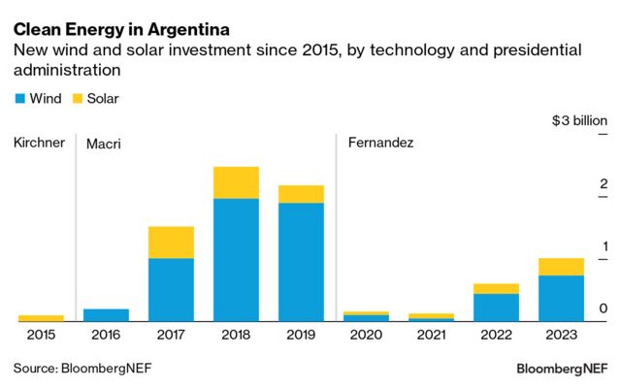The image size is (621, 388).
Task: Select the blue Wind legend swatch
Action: [x=20, y=99]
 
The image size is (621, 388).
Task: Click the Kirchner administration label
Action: [x=39, y=143]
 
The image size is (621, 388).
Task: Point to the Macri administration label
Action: [x=104, y=144]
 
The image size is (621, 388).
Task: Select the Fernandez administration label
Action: [x=380, y=143]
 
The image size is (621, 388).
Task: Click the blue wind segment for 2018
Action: [x=236, y=259]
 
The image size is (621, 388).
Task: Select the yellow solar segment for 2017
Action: [x=171, y=242]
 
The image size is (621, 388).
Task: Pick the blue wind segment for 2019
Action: [x=301, y=261]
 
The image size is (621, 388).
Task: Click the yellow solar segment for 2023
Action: [x=561, y=267]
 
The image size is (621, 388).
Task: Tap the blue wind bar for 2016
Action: [x=106, y=314]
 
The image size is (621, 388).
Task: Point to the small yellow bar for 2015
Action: [x=41, y=317]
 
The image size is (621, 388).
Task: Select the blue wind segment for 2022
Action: [x=496, y=307]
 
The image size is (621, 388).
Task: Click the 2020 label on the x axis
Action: [x=366, y=335]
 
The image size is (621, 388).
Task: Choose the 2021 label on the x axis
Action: [x=431, y=335]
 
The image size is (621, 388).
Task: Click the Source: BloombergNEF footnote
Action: [x=82, y=369]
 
